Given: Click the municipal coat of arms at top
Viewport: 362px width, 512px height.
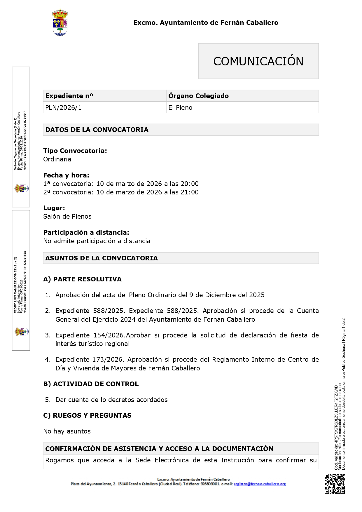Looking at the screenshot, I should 60,22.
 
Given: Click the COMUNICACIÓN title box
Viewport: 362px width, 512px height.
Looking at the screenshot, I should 258,61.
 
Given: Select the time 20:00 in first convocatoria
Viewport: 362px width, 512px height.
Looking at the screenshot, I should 190,184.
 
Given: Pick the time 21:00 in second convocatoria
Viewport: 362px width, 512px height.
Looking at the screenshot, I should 190,192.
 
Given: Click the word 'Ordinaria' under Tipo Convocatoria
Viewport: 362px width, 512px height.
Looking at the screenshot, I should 57,159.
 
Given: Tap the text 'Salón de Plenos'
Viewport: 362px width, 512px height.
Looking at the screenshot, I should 67,217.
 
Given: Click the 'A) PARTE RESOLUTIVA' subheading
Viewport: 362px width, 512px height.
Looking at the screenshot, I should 82,279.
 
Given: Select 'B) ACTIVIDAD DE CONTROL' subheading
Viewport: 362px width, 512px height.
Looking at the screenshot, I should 91,384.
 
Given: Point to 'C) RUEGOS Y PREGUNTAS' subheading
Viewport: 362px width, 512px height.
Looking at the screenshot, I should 87,416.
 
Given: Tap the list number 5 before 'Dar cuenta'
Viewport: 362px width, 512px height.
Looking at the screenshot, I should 48,400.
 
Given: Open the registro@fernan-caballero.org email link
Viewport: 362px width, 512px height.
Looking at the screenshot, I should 260,484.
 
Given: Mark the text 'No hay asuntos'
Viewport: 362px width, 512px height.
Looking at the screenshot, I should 67,431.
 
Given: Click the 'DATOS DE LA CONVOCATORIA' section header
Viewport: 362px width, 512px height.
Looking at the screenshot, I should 97,130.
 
